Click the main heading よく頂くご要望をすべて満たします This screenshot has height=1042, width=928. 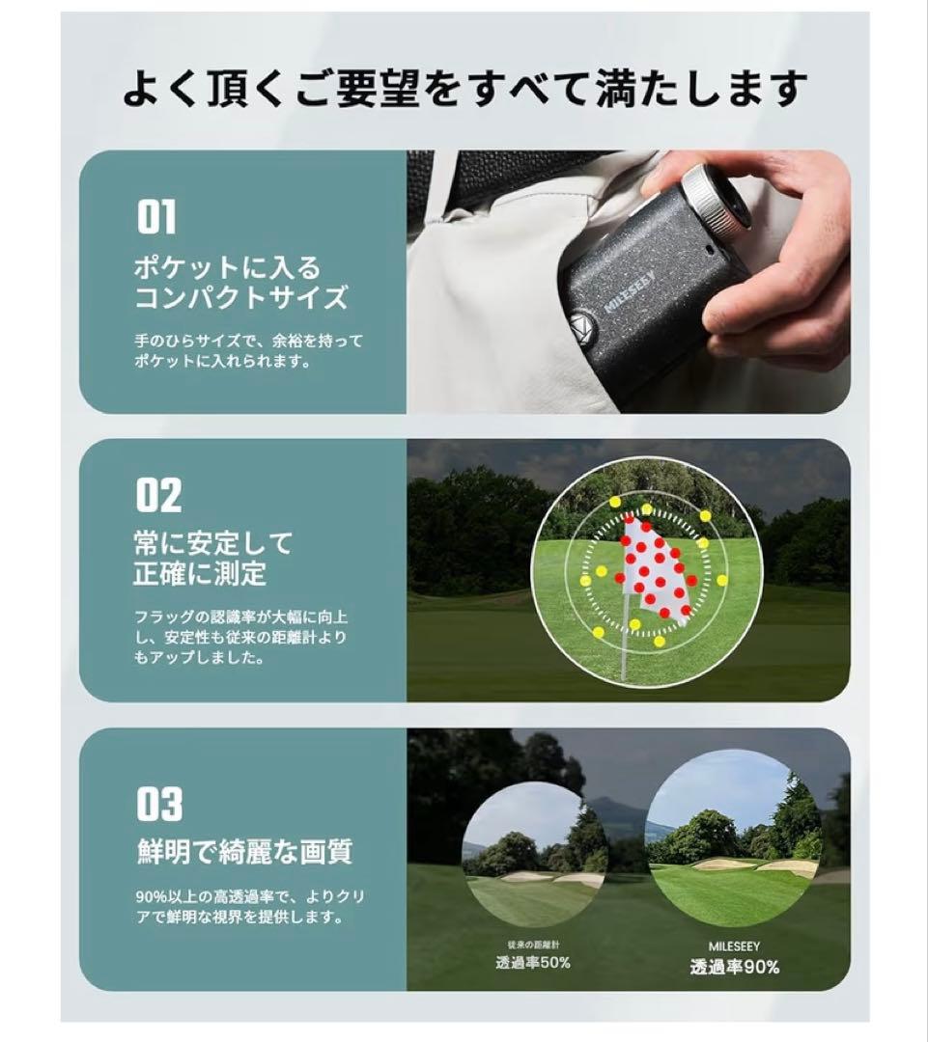464,89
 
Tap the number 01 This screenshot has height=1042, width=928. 155,217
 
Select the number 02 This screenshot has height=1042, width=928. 158,496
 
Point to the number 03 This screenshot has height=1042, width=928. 159,805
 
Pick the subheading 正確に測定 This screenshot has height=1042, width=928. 200,575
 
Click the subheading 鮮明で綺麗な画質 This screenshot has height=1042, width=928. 243,852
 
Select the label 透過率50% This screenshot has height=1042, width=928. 533,962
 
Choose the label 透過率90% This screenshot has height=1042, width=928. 734,967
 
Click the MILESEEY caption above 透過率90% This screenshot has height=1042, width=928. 734,946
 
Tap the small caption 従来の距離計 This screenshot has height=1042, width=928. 532,944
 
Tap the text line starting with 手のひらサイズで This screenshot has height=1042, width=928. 249,341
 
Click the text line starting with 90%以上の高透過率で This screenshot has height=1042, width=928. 250,896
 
